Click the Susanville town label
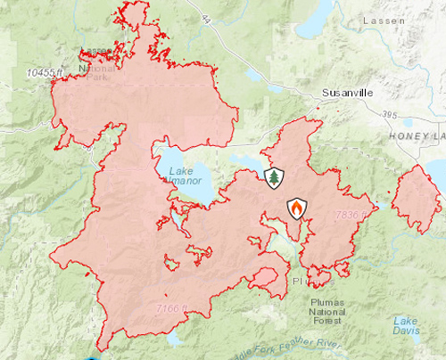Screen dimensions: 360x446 point(347,92)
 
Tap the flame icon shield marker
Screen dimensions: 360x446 point(296,209)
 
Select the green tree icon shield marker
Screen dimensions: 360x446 point(273,178)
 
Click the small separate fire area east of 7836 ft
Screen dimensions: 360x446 point(417,198)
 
